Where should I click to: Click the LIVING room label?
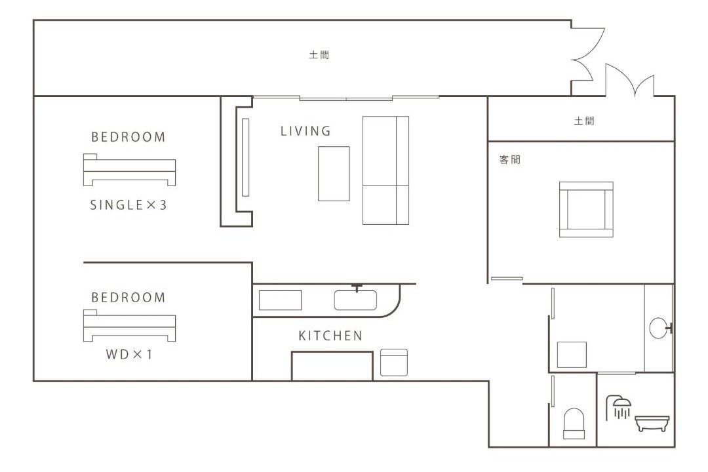point(305,131)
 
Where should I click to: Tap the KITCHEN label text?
point(330,336)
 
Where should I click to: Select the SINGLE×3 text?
point(128,205)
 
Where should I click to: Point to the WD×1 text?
point(128,354)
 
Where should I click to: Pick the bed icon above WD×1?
point(129,326)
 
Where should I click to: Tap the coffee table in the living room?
point(334,174)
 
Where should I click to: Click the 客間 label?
point(510,159)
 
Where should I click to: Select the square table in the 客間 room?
point(586,210)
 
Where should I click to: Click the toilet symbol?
point(574,423)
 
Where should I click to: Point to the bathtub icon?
point(652,423)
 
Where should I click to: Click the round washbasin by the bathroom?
point(659,328)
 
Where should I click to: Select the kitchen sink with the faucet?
point(355,300)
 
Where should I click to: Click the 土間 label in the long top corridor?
point(319,55)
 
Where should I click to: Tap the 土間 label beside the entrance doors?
point(584,121)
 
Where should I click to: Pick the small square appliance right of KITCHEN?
point(394,363)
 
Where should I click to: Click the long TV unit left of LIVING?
point(246,157)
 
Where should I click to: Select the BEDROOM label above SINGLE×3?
point(128,137)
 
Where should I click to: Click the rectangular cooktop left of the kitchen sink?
point(280,300)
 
